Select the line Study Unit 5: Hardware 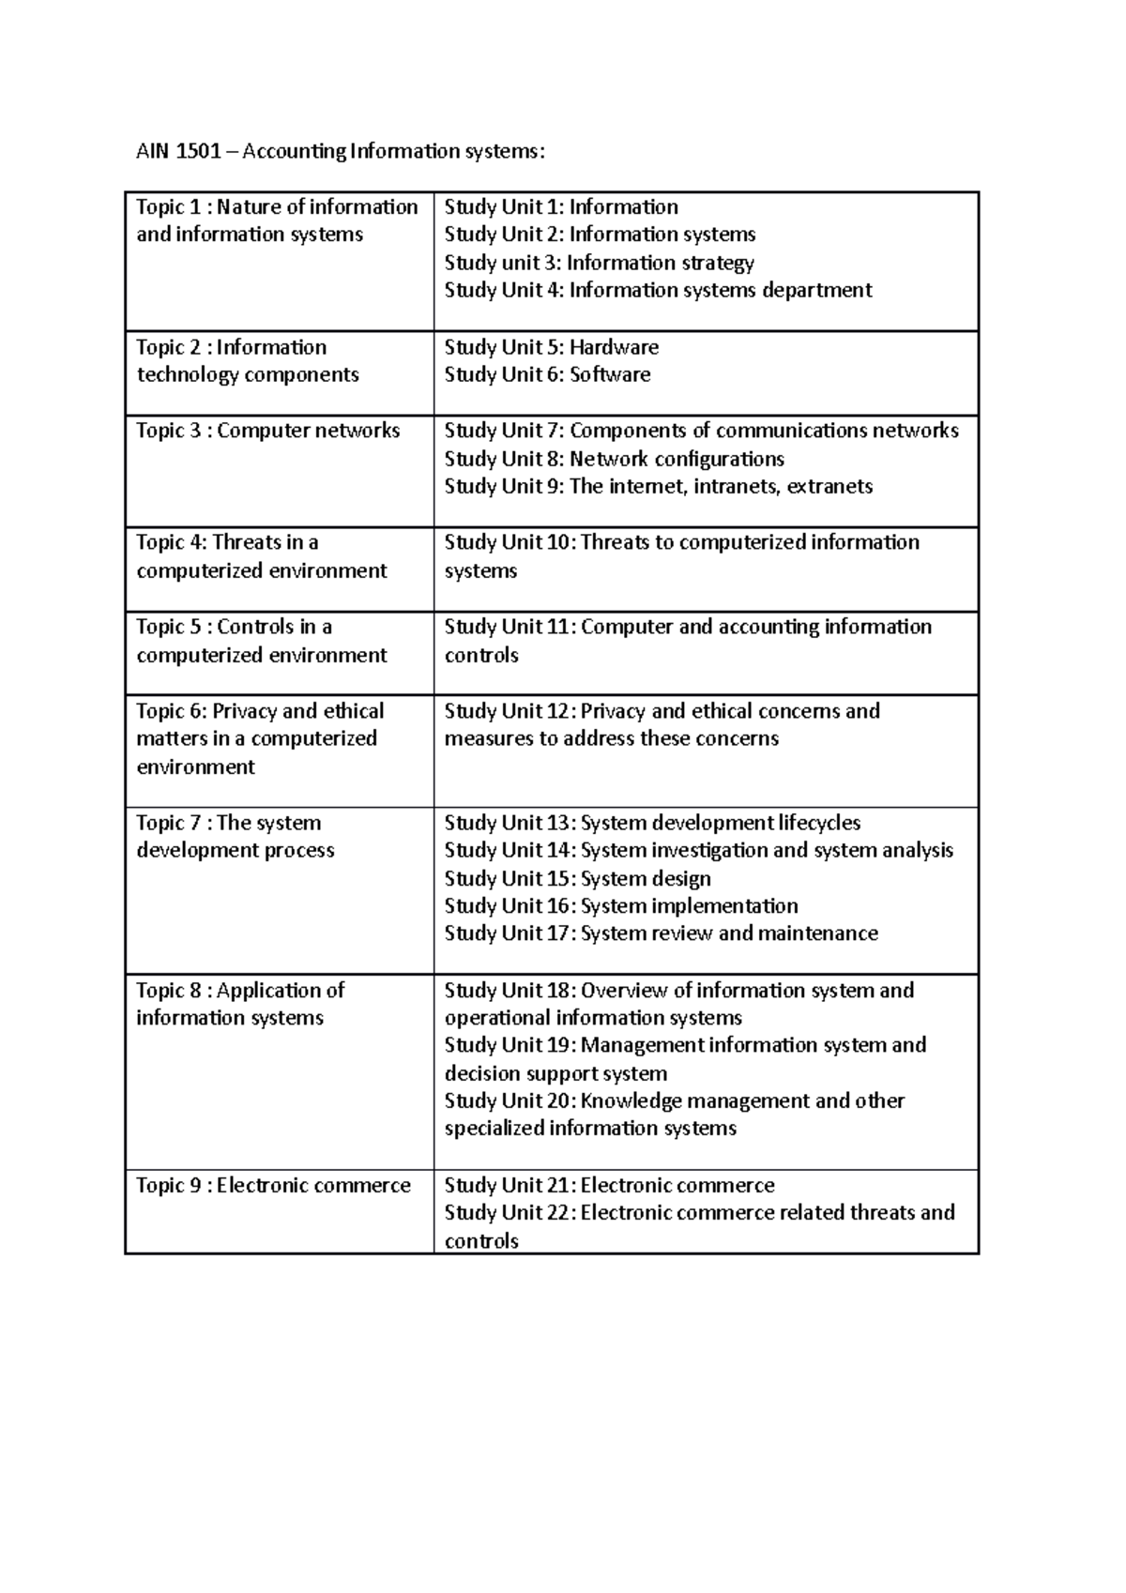click(x=551, y=347)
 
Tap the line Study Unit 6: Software click(x=547, y=374)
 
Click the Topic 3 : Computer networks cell click(x=267, y=431)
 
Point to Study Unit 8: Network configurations click(x=614, y=459)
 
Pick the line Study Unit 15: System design click(x=577, y=878)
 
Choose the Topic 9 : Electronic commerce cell click(x=273, y=1185)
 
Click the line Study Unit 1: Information click(x=560, y=207)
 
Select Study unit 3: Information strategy click(x=599, y=263)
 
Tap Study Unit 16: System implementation click(x=620, y=905)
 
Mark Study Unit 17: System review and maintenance click(x=661, y=933)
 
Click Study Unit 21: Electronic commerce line click(x=609, y=1185)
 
